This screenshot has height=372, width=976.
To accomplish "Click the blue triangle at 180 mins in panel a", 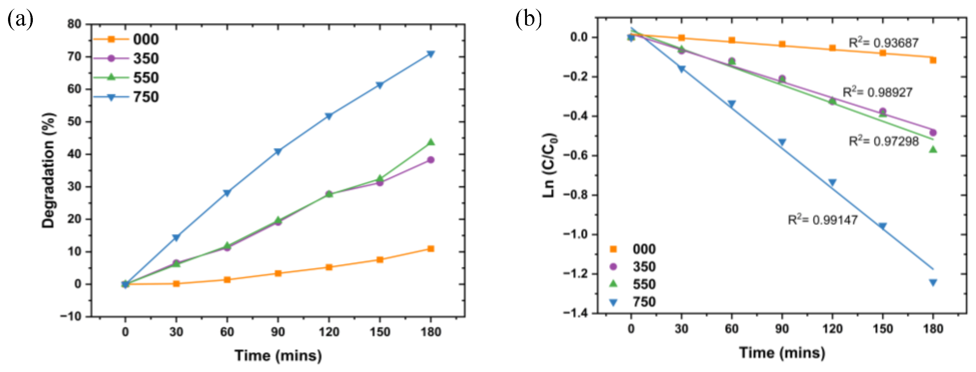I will [431, 54].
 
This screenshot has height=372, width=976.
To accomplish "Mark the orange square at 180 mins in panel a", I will [431, 249].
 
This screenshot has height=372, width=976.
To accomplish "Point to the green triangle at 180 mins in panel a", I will [431, 142].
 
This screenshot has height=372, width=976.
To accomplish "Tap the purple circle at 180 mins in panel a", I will [431, 160].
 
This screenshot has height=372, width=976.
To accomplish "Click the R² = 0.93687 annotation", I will [883, 43].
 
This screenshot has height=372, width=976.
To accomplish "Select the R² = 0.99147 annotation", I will [823, 220].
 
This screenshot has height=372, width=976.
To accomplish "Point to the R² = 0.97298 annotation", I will [883, 141].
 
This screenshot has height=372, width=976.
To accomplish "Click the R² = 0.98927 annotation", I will [877, 92].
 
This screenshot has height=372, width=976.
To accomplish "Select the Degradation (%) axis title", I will [49, 170].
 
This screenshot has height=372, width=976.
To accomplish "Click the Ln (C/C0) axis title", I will [550, 165].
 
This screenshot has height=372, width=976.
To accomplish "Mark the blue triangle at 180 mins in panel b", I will [933, 282].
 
